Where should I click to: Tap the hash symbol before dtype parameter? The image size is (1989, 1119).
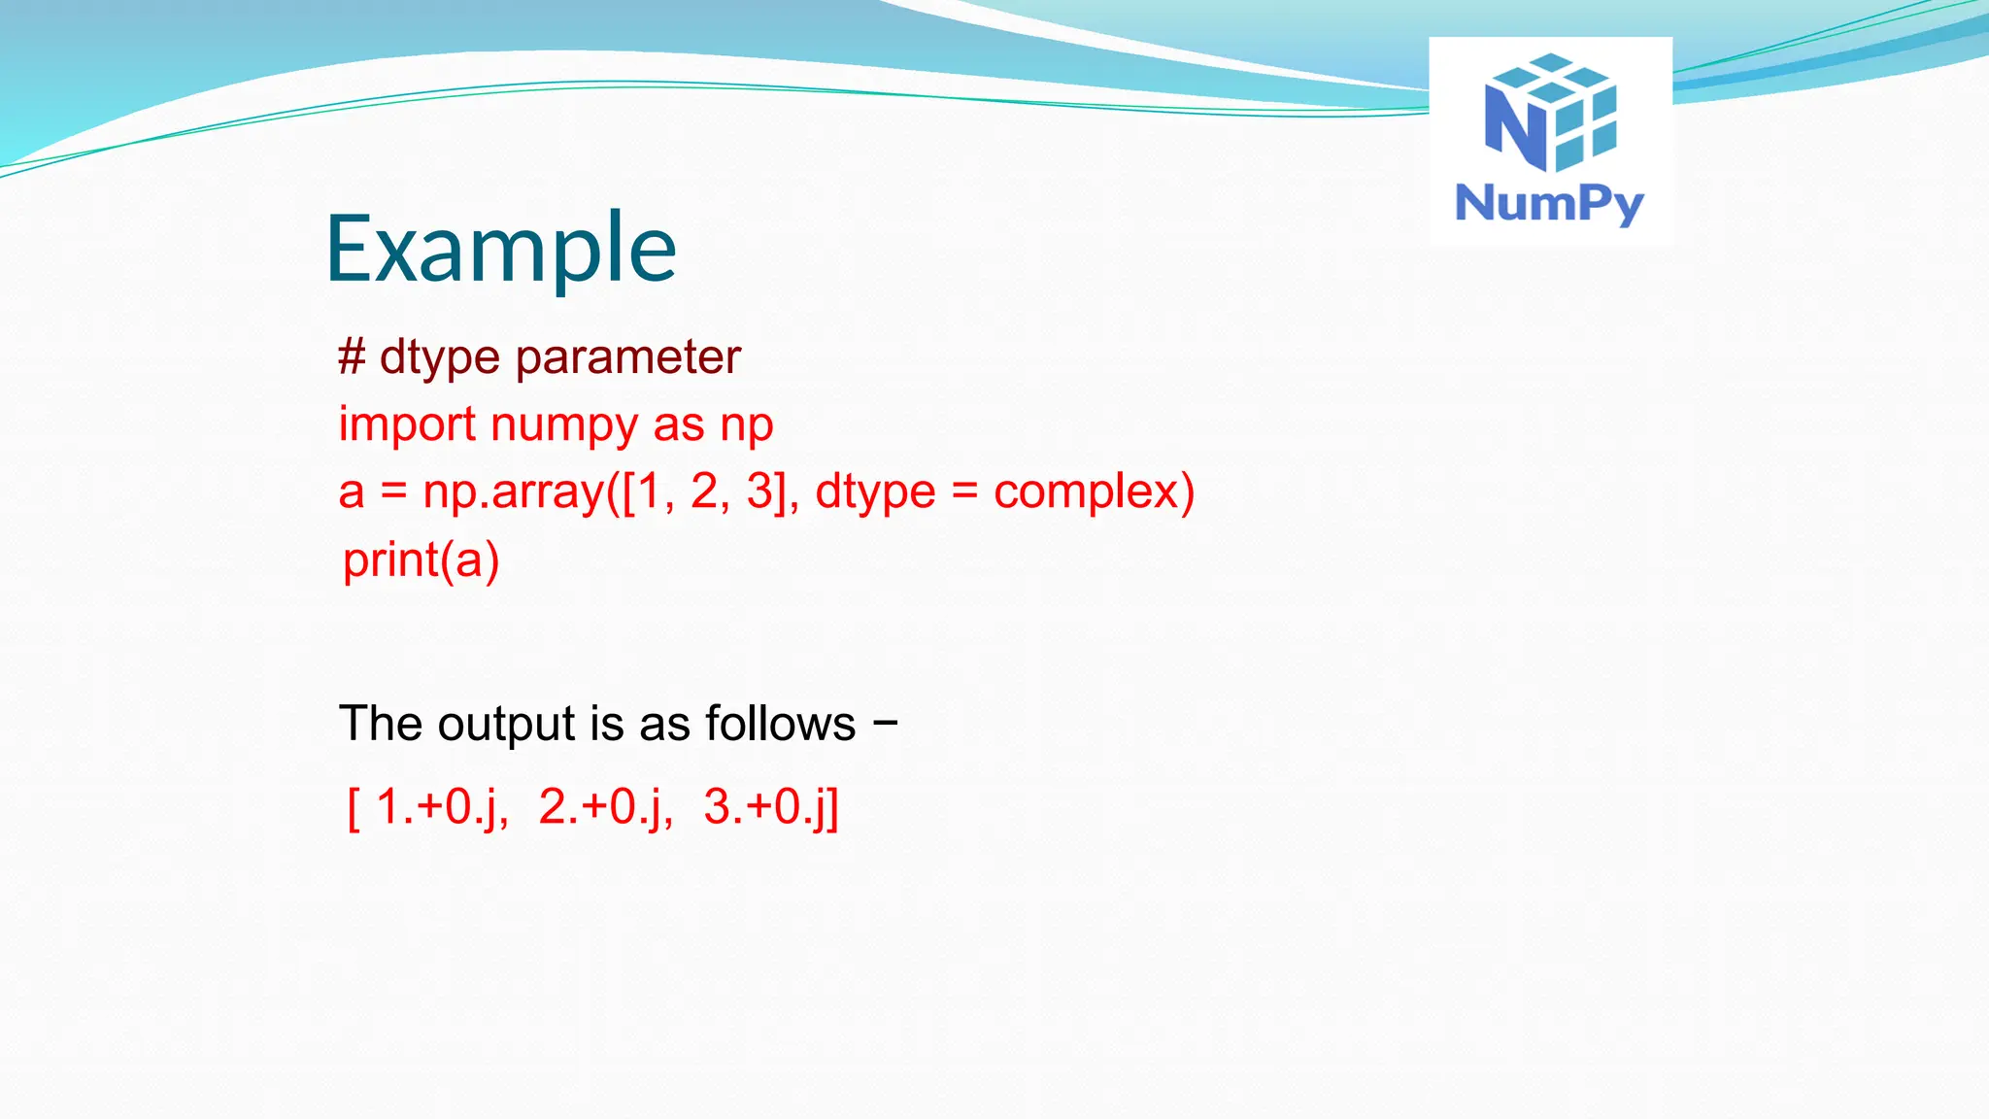(352, 356)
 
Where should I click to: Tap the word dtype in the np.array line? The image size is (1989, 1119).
(875, 493)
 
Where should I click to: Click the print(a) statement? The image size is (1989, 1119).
(421, 560)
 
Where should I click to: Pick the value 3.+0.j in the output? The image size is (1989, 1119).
(767, 807)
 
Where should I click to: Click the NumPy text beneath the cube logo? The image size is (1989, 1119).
(1549, 204)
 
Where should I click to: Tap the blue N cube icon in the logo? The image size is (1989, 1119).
(1550, 112)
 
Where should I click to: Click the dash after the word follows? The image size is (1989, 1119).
(885, 724)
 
